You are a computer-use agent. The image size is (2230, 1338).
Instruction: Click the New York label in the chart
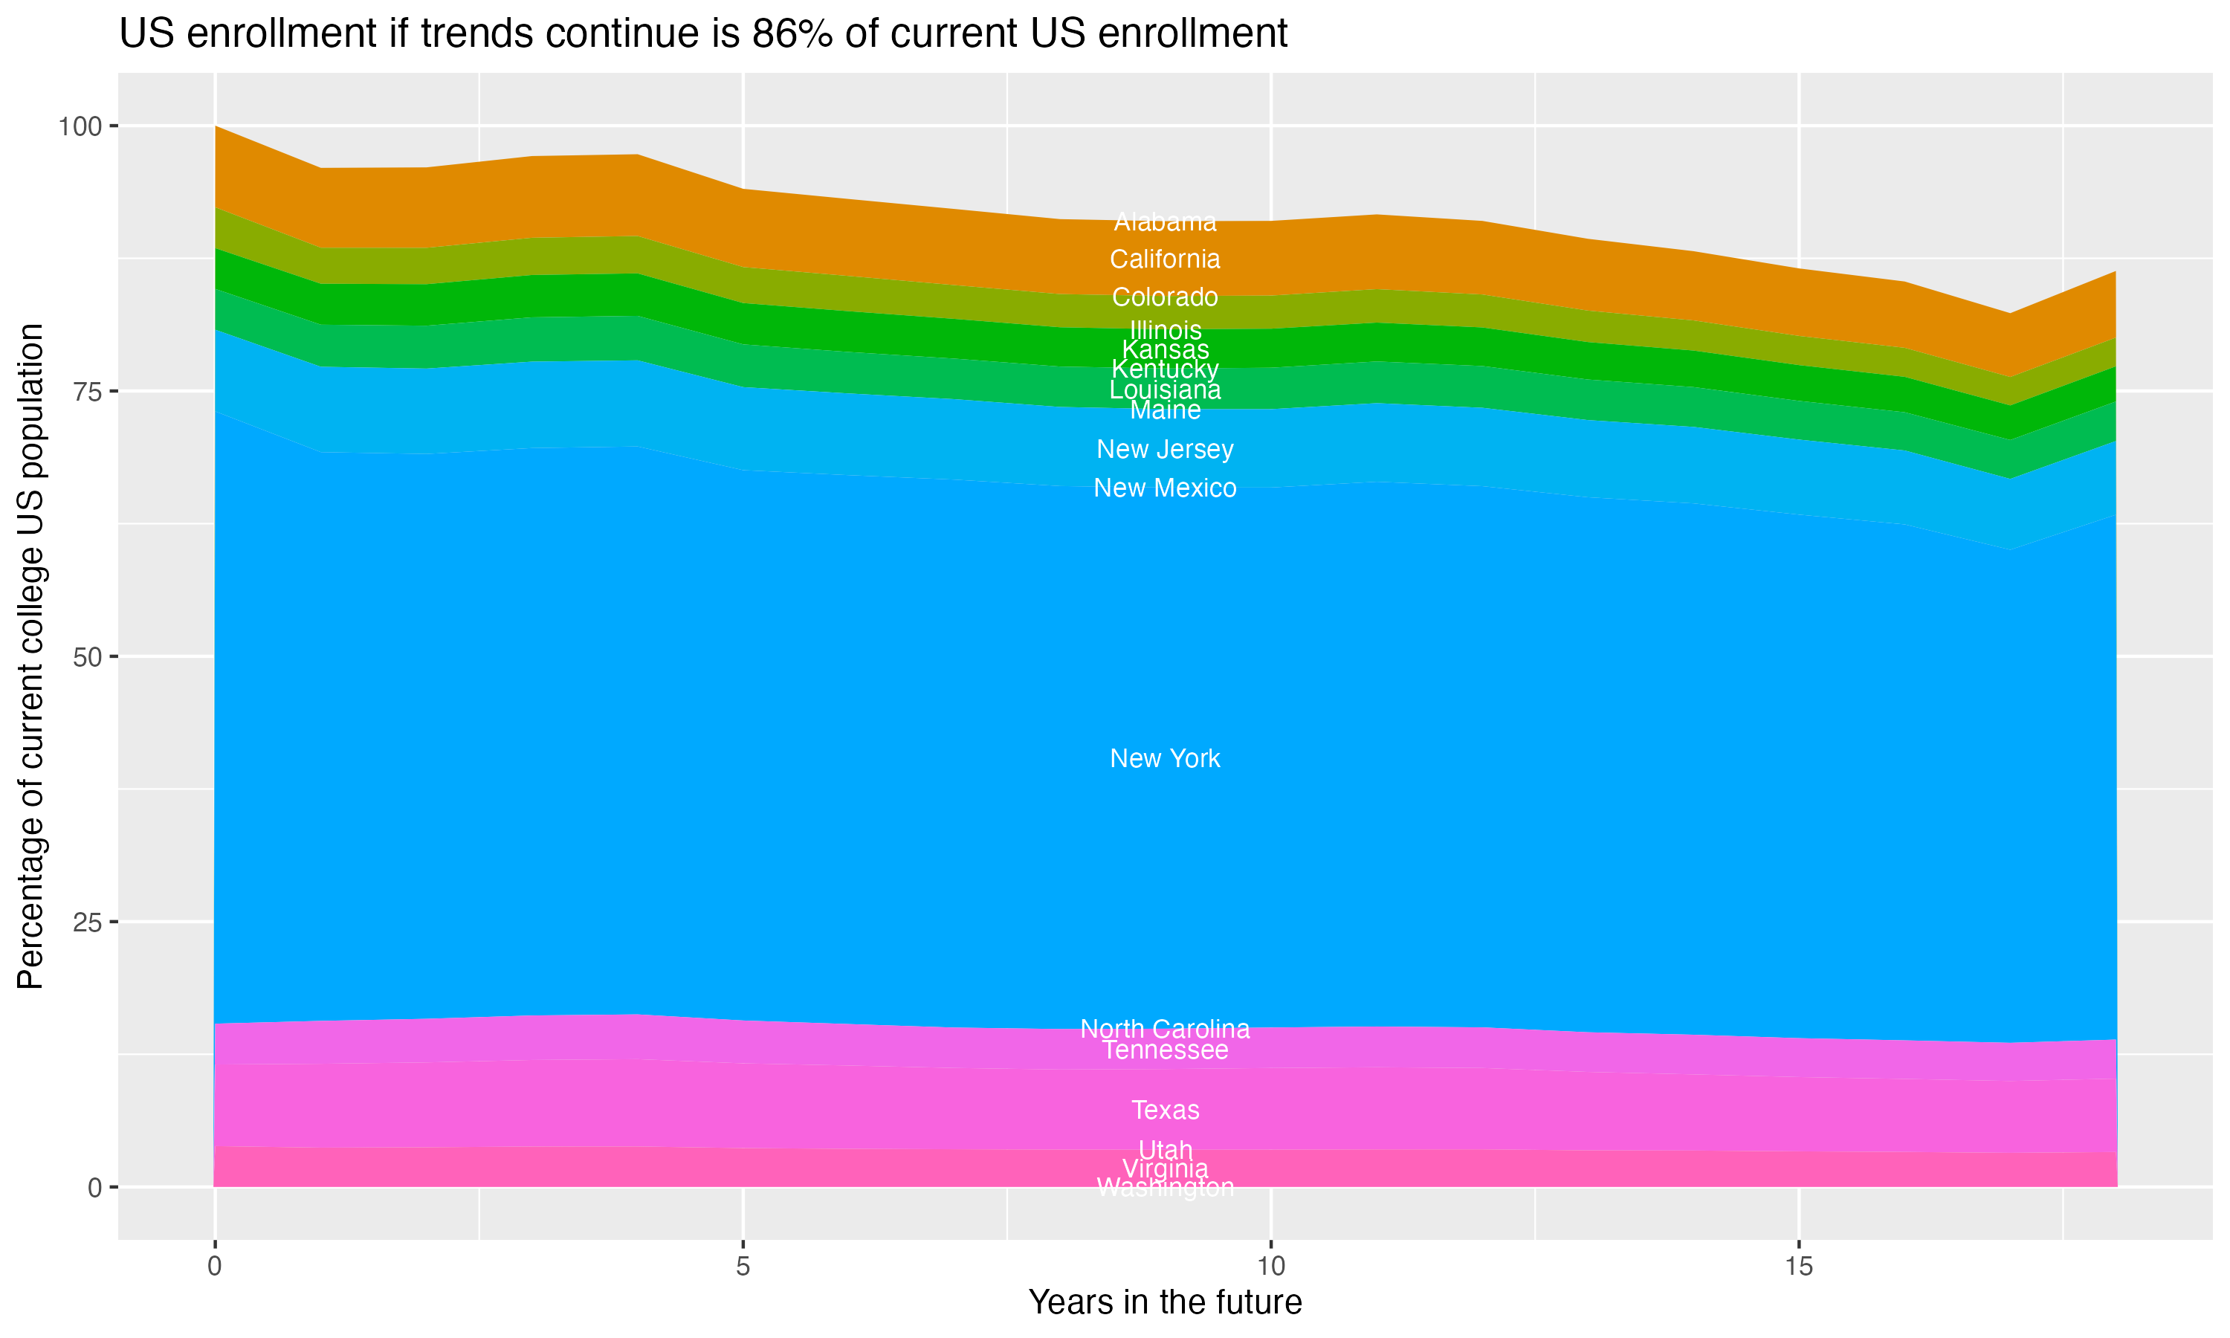[x=1165, y=758]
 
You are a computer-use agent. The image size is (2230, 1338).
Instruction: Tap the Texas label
[x=1165, y=1110]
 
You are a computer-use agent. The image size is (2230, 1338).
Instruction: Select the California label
[x=1165, y=259]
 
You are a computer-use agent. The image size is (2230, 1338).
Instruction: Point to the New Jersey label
[x=1165, y=449]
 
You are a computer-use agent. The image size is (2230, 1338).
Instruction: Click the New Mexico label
[x=1165, y=488]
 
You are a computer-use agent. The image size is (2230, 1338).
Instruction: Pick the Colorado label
[x=1165, y=297]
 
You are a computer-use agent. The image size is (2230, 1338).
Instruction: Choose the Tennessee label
[x=1165, y=1050]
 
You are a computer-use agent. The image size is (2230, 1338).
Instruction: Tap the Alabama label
[x=1165, y=222]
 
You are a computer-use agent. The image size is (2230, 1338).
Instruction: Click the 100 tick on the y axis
[x=80, y=126]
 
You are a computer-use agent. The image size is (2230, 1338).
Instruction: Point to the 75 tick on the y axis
[x=86, y=391]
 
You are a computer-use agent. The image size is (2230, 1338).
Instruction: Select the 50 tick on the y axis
[x=86, y=657]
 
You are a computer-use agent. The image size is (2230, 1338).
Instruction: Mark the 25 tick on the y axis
[x=86, y=922]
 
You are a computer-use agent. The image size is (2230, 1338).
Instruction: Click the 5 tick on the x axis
[x=743, y=1267]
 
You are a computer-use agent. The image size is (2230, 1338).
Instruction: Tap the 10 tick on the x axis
[x=1270, y=1267]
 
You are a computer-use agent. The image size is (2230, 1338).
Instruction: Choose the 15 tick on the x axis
[x=1798, y=1267]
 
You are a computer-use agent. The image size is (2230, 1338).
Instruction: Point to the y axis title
[x=30, y=656]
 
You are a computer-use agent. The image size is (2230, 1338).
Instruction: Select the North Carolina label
[x=1165, y=1029]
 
